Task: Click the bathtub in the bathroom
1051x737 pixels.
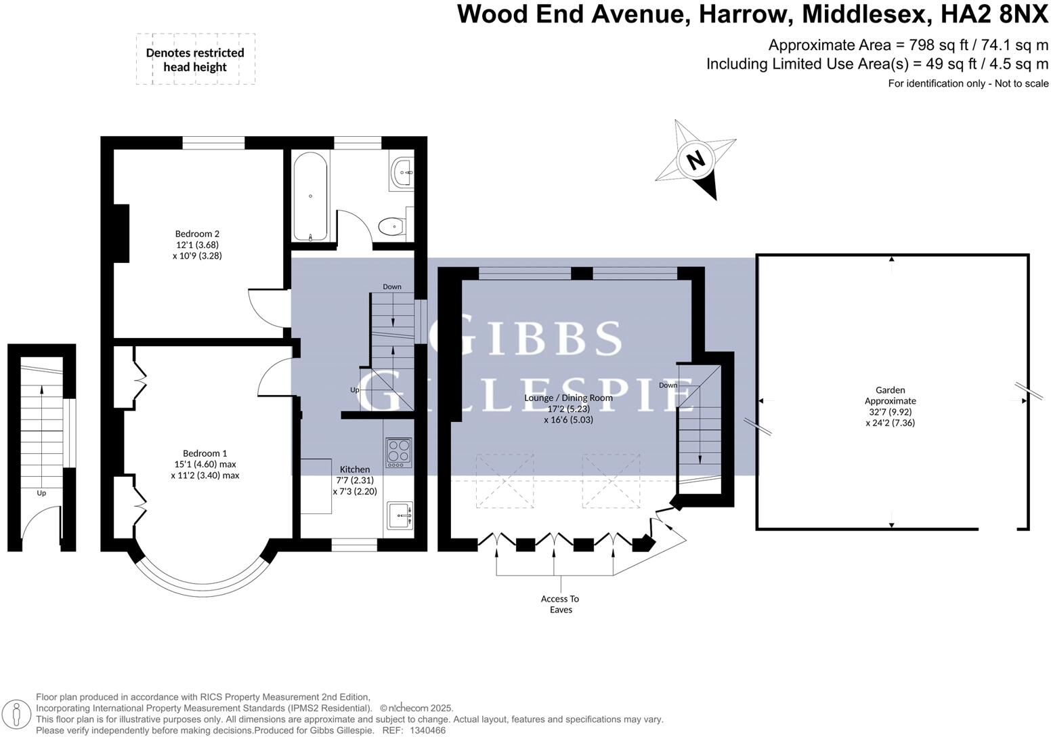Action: pos(311,196)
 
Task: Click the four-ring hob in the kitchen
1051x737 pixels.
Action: pos(398,453)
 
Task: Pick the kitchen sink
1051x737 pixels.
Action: pos(399,515)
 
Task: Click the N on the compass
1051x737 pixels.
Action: pos(695,161)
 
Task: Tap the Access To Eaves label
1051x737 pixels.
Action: pos(560,604)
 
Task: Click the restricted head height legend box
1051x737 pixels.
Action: pos(195,60)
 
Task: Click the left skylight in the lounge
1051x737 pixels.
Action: pos(505,481)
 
